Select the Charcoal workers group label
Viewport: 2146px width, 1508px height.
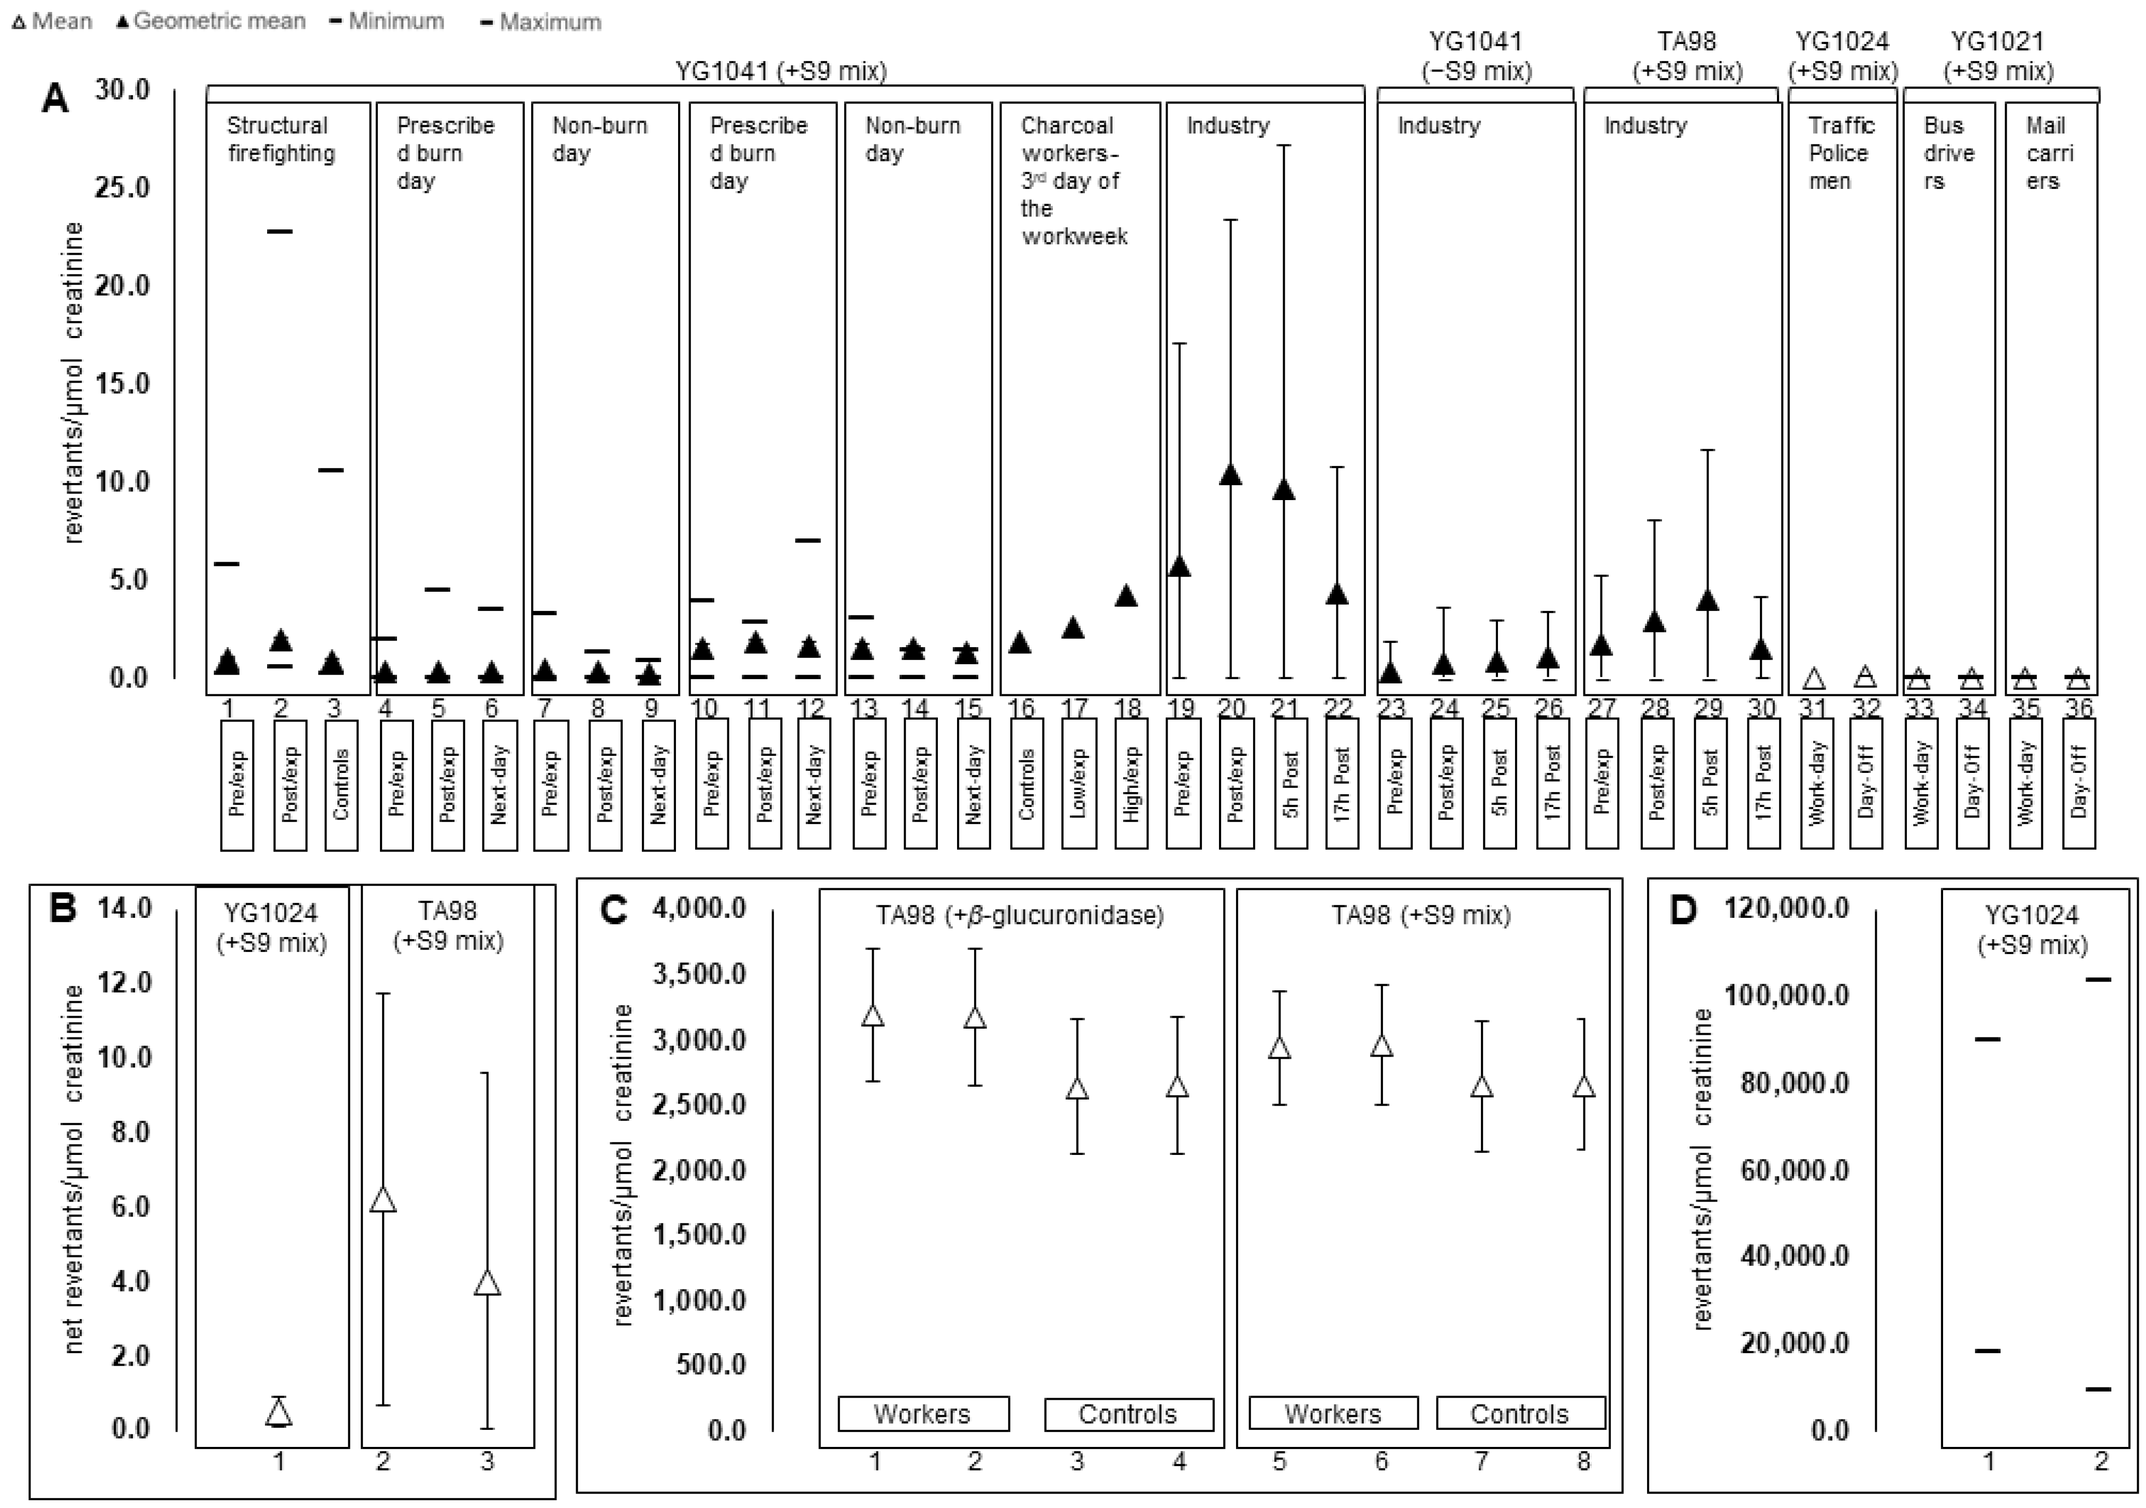pyautogui.click(x=1073, y=181)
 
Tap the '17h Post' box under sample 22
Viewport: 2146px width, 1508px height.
pyautogui.click(x=1341, y=783)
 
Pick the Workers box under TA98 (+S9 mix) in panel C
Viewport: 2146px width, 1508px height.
pyautogui.click(x=1333, y=1414)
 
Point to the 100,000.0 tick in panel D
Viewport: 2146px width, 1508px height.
pyautogui.click(x=1786, y=995)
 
